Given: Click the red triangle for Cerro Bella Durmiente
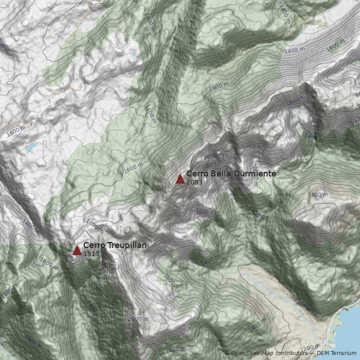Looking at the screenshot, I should coord(180,179).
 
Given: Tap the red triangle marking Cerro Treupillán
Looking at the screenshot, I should coord(77,250).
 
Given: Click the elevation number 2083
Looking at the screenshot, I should coord(194,183).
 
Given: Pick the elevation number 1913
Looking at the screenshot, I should coord(91,254).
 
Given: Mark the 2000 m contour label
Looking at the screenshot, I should coord(138,319).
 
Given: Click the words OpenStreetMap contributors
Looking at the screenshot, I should coord(269,353).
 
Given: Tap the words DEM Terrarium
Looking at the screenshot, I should coord(337,353).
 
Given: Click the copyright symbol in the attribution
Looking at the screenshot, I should coord(227,353).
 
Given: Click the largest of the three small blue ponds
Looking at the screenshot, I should coord(31,147).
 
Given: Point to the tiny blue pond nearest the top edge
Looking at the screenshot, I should coord(134,54).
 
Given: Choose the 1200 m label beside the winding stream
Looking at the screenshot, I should coord(302,305).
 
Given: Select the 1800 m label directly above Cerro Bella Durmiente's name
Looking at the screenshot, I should coord(213,156).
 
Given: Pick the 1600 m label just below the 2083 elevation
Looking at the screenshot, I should coord(205,211).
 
